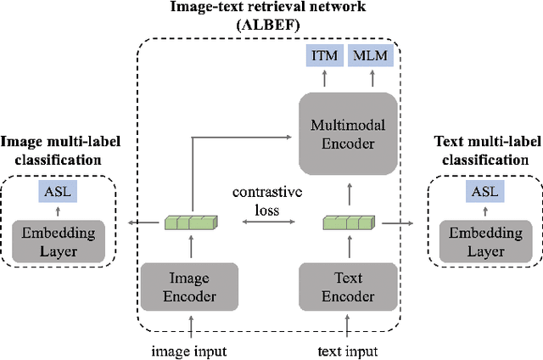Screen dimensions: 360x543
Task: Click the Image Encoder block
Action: pos(189,288)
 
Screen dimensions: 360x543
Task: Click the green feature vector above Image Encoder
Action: pos(189,223)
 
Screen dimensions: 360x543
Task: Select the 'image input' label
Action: pos(189,350)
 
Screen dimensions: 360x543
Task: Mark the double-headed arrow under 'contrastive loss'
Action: pos(268,223)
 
